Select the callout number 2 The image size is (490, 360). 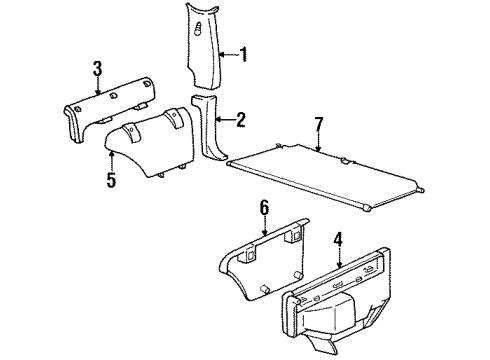pos(241,120)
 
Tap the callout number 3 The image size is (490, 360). pos(97,69)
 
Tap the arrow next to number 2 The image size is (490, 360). pos(226,120)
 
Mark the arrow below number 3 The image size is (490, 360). pos(97,84)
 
